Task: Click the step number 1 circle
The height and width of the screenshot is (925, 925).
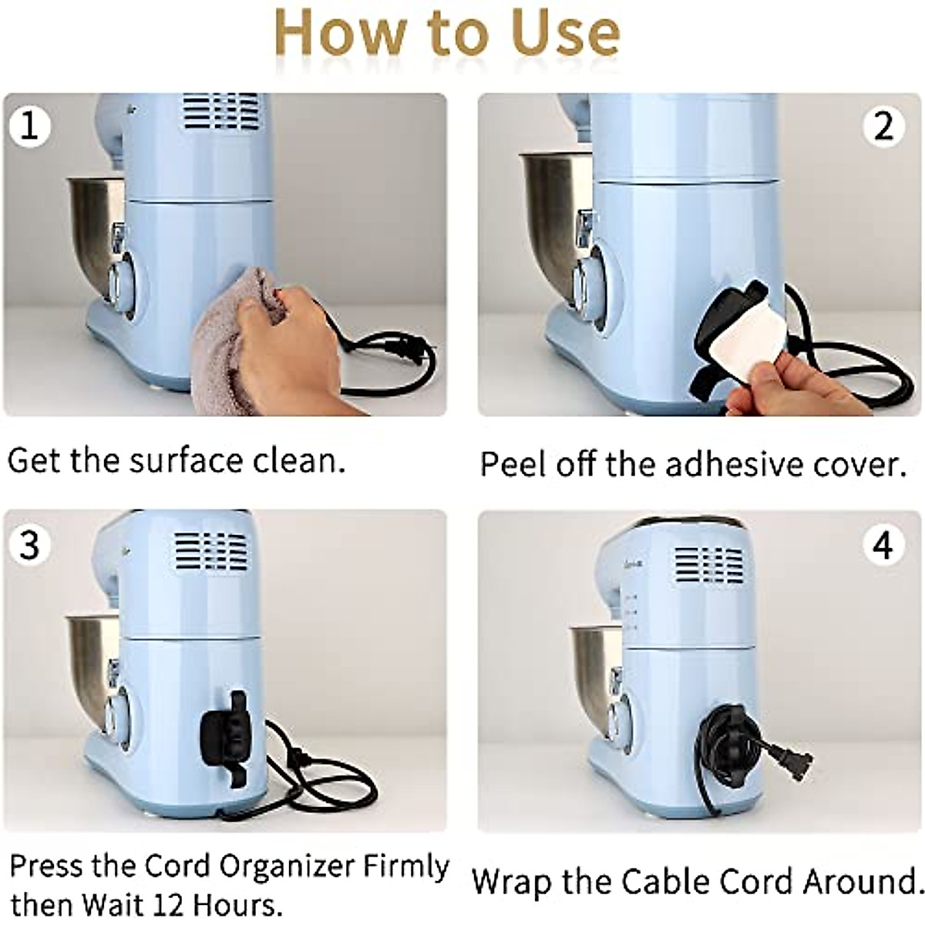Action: pyautogui.click(x=30, y=126)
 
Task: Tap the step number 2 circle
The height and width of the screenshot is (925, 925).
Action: pyautogui.click(x=883, y=126)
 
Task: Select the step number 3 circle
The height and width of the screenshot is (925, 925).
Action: pyautogui.click(x=30, y=545)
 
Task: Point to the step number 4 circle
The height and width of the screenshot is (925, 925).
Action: pyautogui.click(x=883, y=545)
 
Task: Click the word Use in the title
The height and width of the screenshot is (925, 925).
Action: pyautogui.click(x=564, y=32)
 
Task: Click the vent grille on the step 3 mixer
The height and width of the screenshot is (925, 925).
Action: pyautogui.click(x=211, y=552)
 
